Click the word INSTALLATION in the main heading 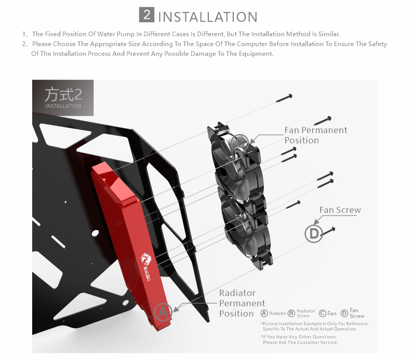207,16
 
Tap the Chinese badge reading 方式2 63,97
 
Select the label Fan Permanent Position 315,135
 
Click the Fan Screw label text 340,210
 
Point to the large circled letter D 313,234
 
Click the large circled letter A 163,312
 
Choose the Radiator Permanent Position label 242,303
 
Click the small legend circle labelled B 291,313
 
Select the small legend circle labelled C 322,313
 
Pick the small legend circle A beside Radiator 264,313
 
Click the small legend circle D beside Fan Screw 344,313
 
